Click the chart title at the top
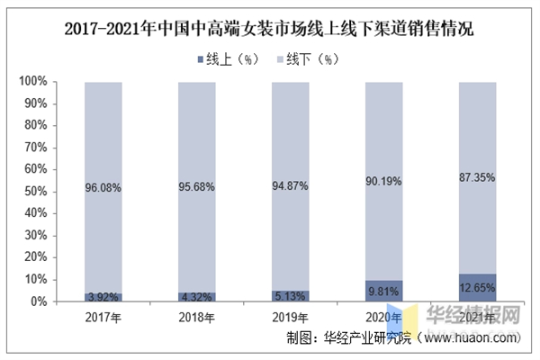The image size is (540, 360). click(269, 30)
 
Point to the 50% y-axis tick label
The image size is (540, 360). click(34, 192)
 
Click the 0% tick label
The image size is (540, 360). click(38, 301)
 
